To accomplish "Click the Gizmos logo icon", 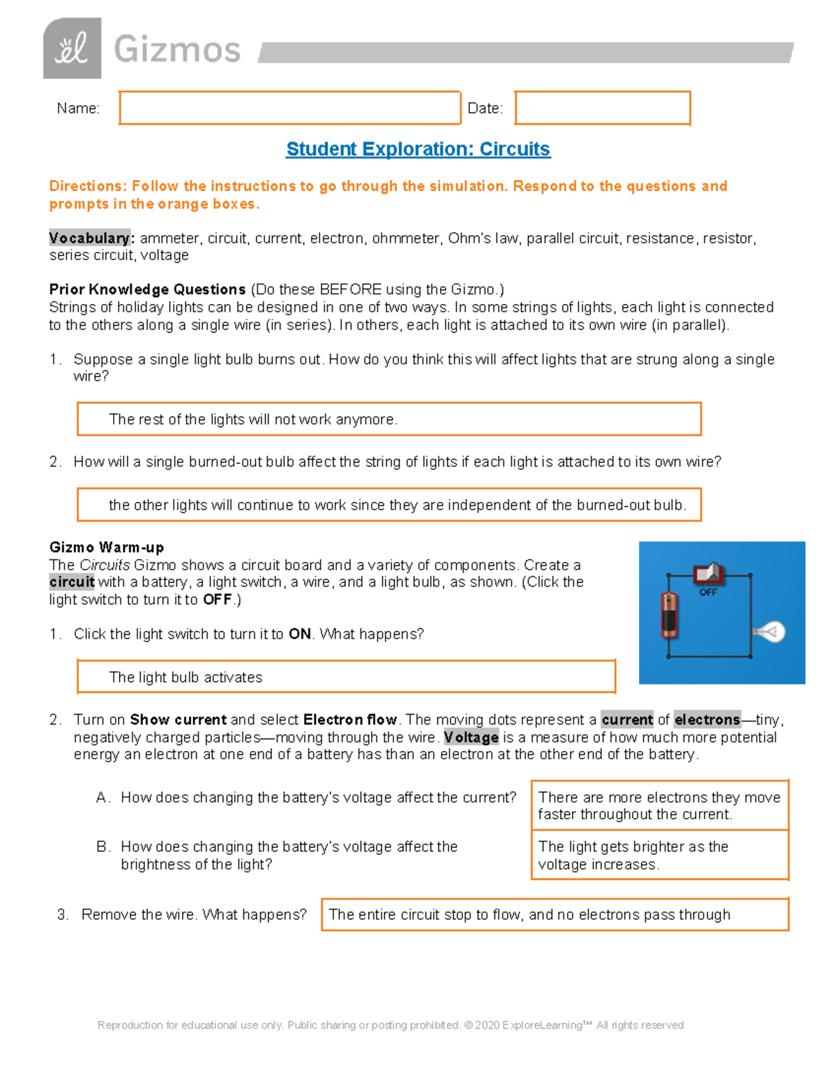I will (x=72, y=49).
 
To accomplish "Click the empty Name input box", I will (x=289, y=108).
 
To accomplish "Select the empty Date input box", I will (x=602, y=108).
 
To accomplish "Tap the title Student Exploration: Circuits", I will (x=418, y=149).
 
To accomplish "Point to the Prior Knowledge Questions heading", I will (x=147, y=289).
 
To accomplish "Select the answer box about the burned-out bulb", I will (x=389, y=505).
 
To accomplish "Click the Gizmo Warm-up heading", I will (x=106, y=547).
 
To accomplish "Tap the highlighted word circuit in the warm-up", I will (x=72, y=582).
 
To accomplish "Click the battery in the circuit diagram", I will (x=670, y=614).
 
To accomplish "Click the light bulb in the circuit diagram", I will (x=770, y=632).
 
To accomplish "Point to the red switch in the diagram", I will (x=709, y=574).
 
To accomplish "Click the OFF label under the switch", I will (x=708, y=593).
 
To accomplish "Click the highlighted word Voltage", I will (x=471, y=737).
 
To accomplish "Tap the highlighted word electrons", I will (x=707, y=720).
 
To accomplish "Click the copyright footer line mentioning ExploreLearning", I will (x=391, y=1025).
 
